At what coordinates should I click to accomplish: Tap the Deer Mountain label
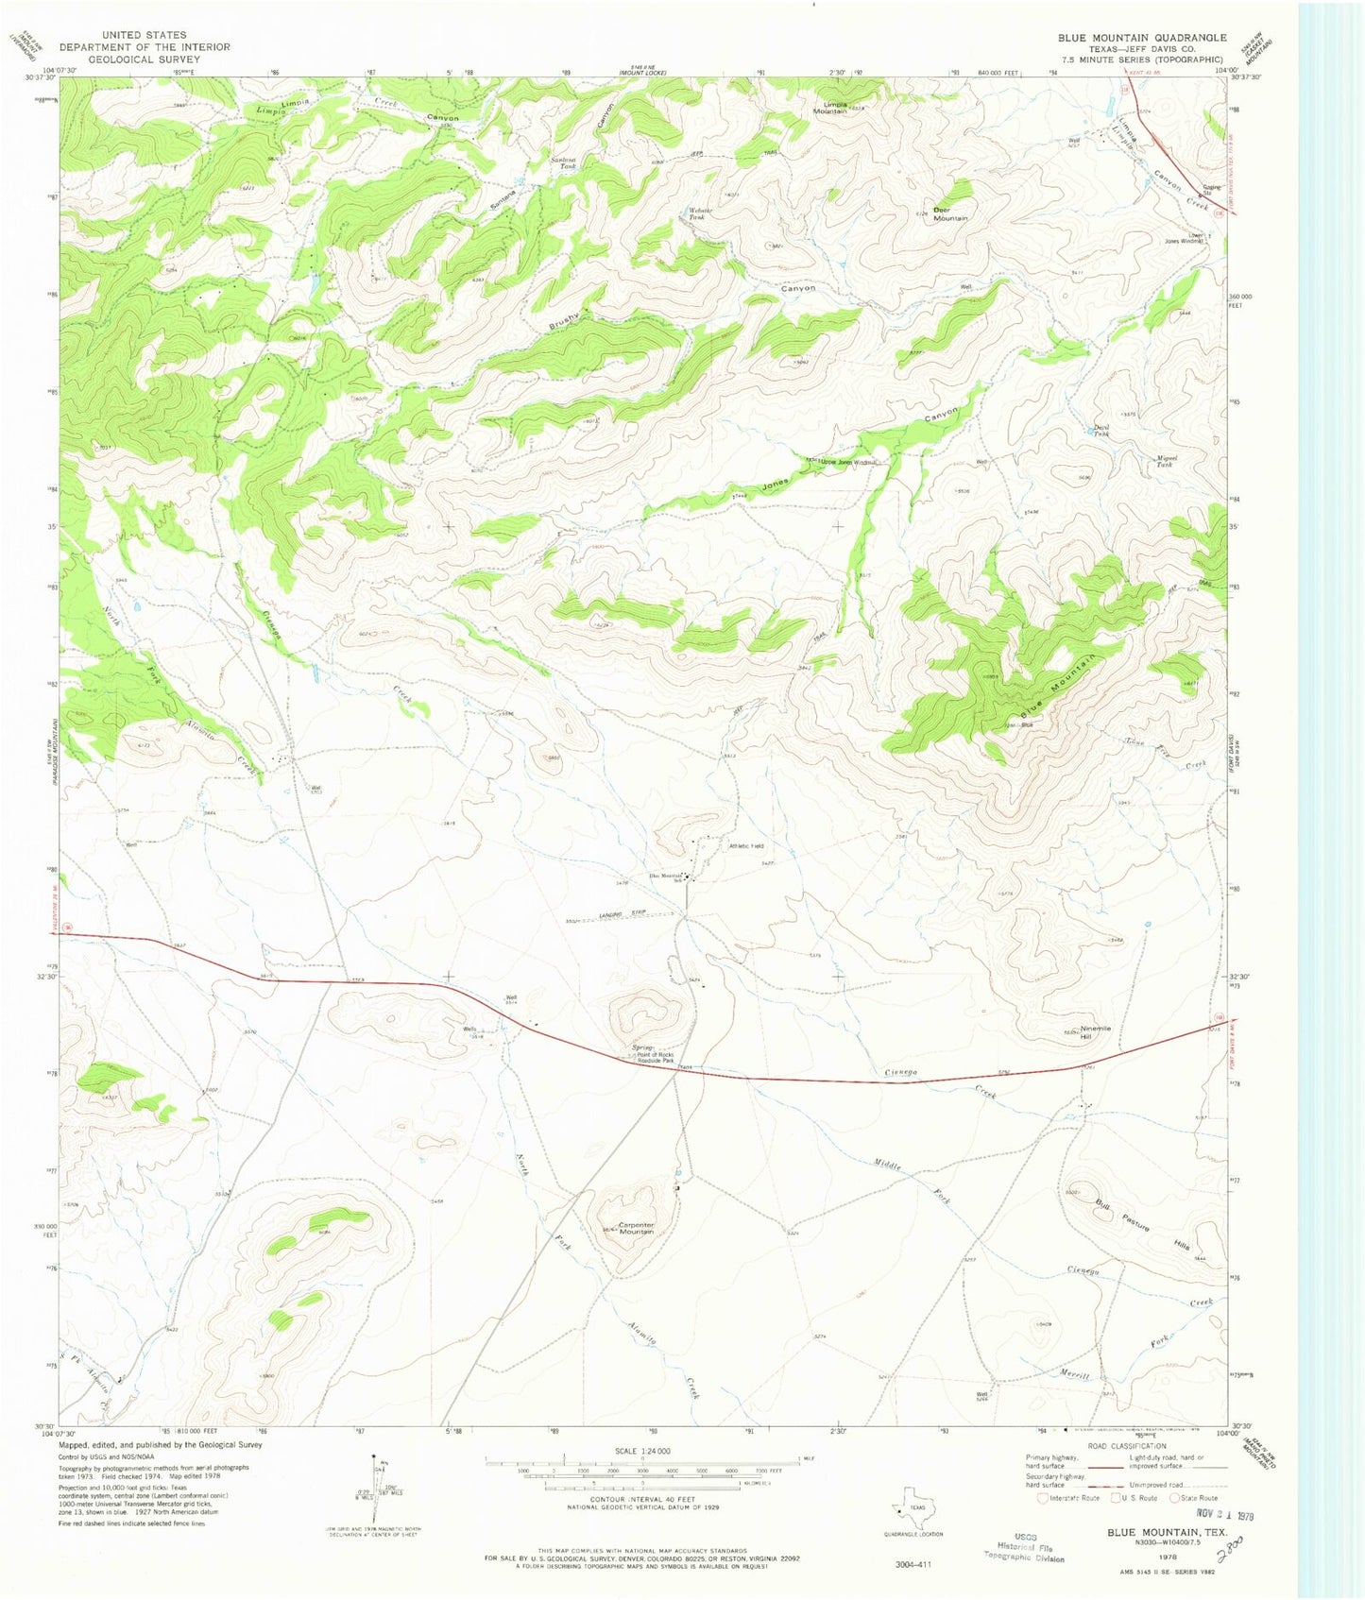(950, 213)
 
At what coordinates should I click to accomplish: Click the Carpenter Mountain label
(636, 1229)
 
